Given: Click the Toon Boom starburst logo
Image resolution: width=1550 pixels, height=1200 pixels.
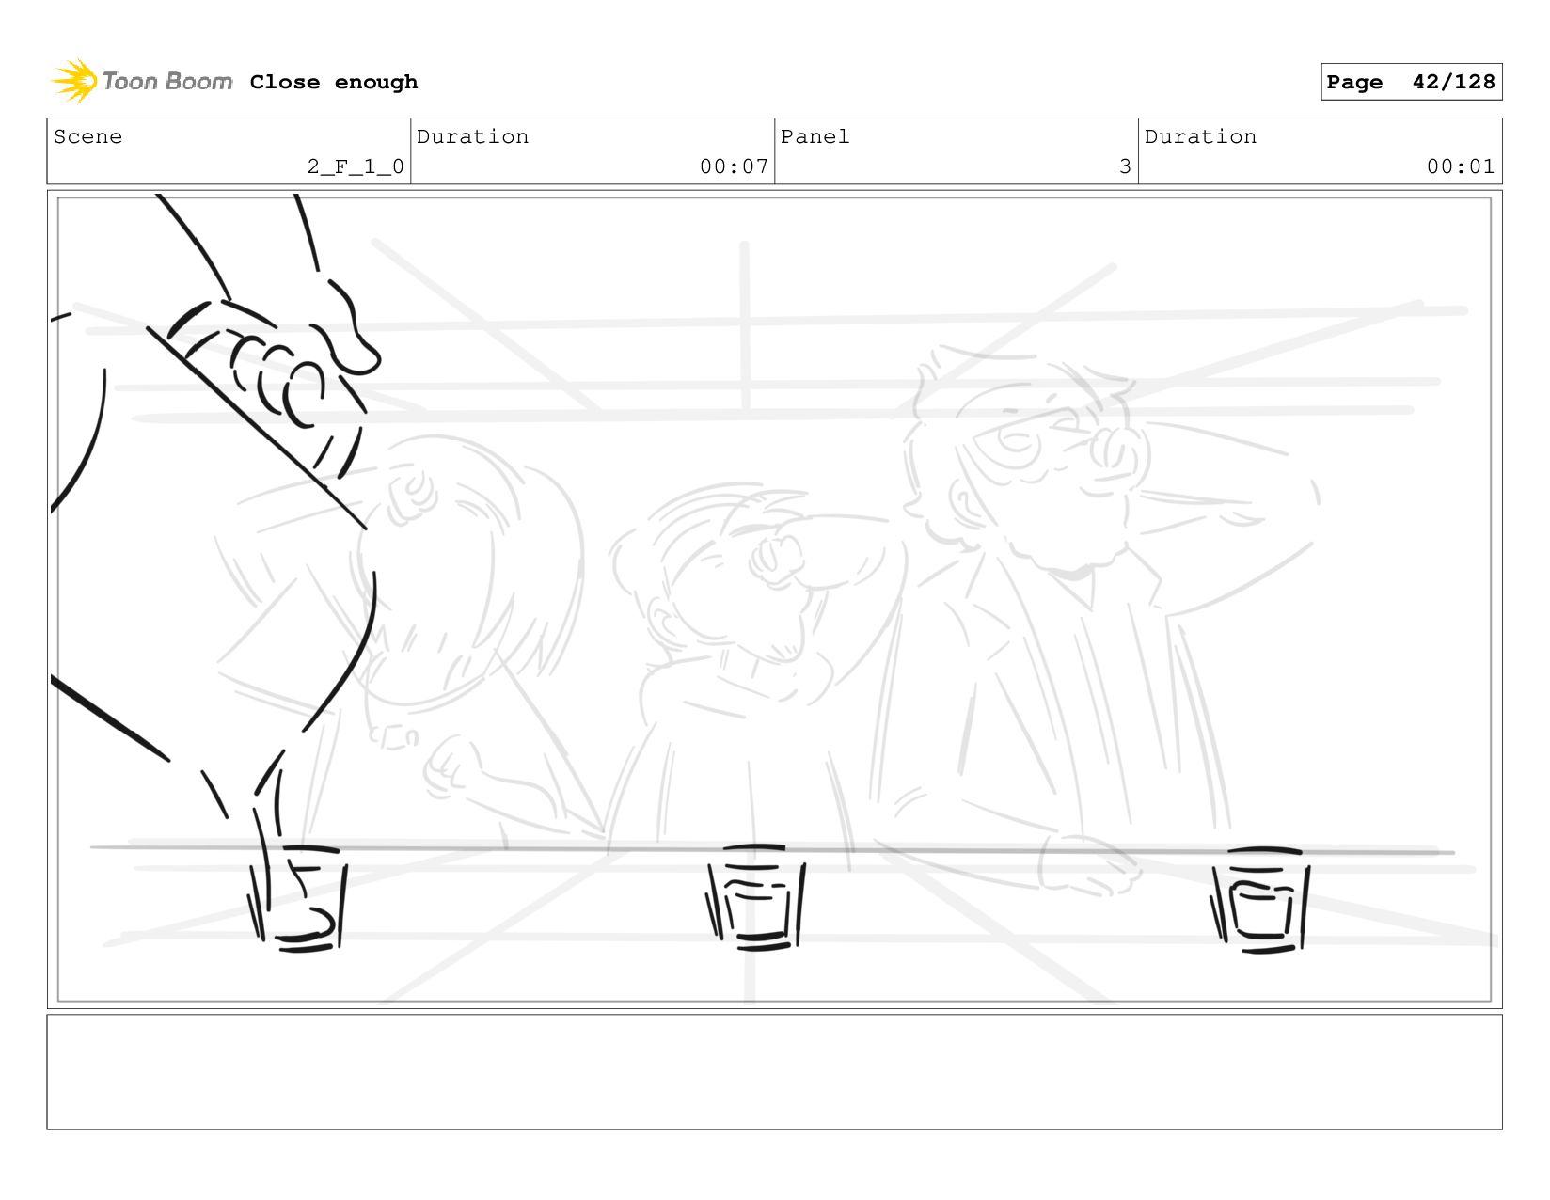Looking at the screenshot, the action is click(x=74, y=81).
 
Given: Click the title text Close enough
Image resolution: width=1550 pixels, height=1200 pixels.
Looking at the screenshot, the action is click(x=333, y=82).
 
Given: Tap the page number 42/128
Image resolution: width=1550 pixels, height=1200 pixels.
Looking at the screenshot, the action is click(x=1453, y=81).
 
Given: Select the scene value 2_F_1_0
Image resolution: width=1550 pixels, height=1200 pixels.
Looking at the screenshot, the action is click(x=356, y=166).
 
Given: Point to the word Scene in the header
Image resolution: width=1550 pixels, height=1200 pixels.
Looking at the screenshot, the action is click(x=87, y=136).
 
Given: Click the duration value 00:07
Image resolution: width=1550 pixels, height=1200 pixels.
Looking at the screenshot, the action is click(x=734, y=166).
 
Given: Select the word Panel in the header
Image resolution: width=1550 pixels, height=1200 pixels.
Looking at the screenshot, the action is click(x=815, y=136).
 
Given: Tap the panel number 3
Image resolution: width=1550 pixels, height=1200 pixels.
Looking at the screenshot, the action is click(x=1125, y=166).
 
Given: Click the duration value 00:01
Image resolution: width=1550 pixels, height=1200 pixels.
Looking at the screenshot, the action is click(x=1460, y=166).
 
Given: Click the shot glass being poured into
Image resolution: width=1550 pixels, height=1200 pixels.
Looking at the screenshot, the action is click(x=298, y=898).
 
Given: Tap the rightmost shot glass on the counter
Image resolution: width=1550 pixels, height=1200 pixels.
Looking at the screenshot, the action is click(x=1260, y=900).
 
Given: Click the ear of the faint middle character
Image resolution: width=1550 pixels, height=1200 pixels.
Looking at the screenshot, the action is click(x=660, y=621).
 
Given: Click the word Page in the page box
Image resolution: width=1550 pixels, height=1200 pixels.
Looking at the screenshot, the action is click(x=1353, y=82).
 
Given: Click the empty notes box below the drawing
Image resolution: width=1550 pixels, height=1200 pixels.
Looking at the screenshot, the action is click(x=774, y=1072).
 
